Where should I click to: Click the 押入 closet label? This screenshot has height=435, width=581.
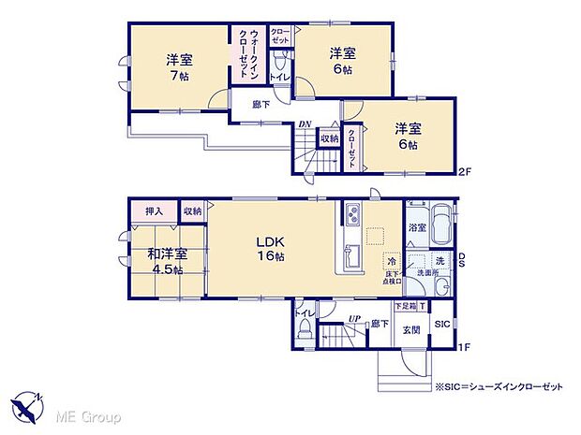click(153, 211)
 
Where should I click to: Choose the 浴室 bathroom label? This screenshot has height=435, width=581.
click(416, 226)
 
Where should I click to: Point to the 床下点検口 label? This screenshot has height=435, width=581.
click(391, 277)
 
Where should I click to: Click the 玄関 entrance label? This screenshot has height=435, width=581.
click(412, 330)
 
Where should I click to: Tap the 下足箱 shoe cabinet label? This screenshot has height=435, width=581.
click(404, 306)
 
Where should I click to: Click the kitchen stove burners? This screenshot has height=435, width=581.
click(350, 216)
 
